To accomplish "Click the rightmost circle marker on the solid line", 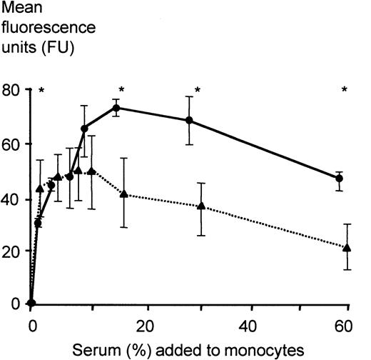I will click(x=340, y=178).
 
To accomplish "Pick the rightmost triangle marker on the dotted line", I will click(x=347, y=248).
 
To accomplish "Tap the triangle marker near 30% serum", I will click(x=201, y=206).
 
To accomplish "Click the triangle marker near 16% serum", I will click(x=124, y=194).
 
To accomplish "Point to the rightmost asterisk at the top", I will click(x=345, y=90).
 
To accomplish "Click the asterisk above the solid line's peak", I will click(x=122, y=90).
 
